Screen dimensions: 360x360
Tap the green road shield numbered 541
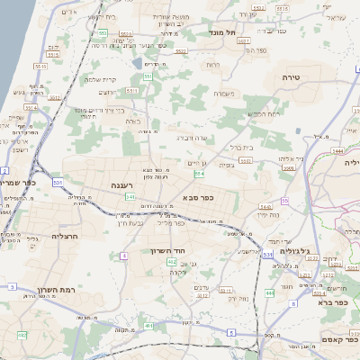pos(130,195)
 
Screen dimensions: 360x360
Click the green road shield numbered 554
pos(199,173)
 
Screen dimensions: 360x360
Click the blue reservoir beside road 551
pos(137,65)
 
